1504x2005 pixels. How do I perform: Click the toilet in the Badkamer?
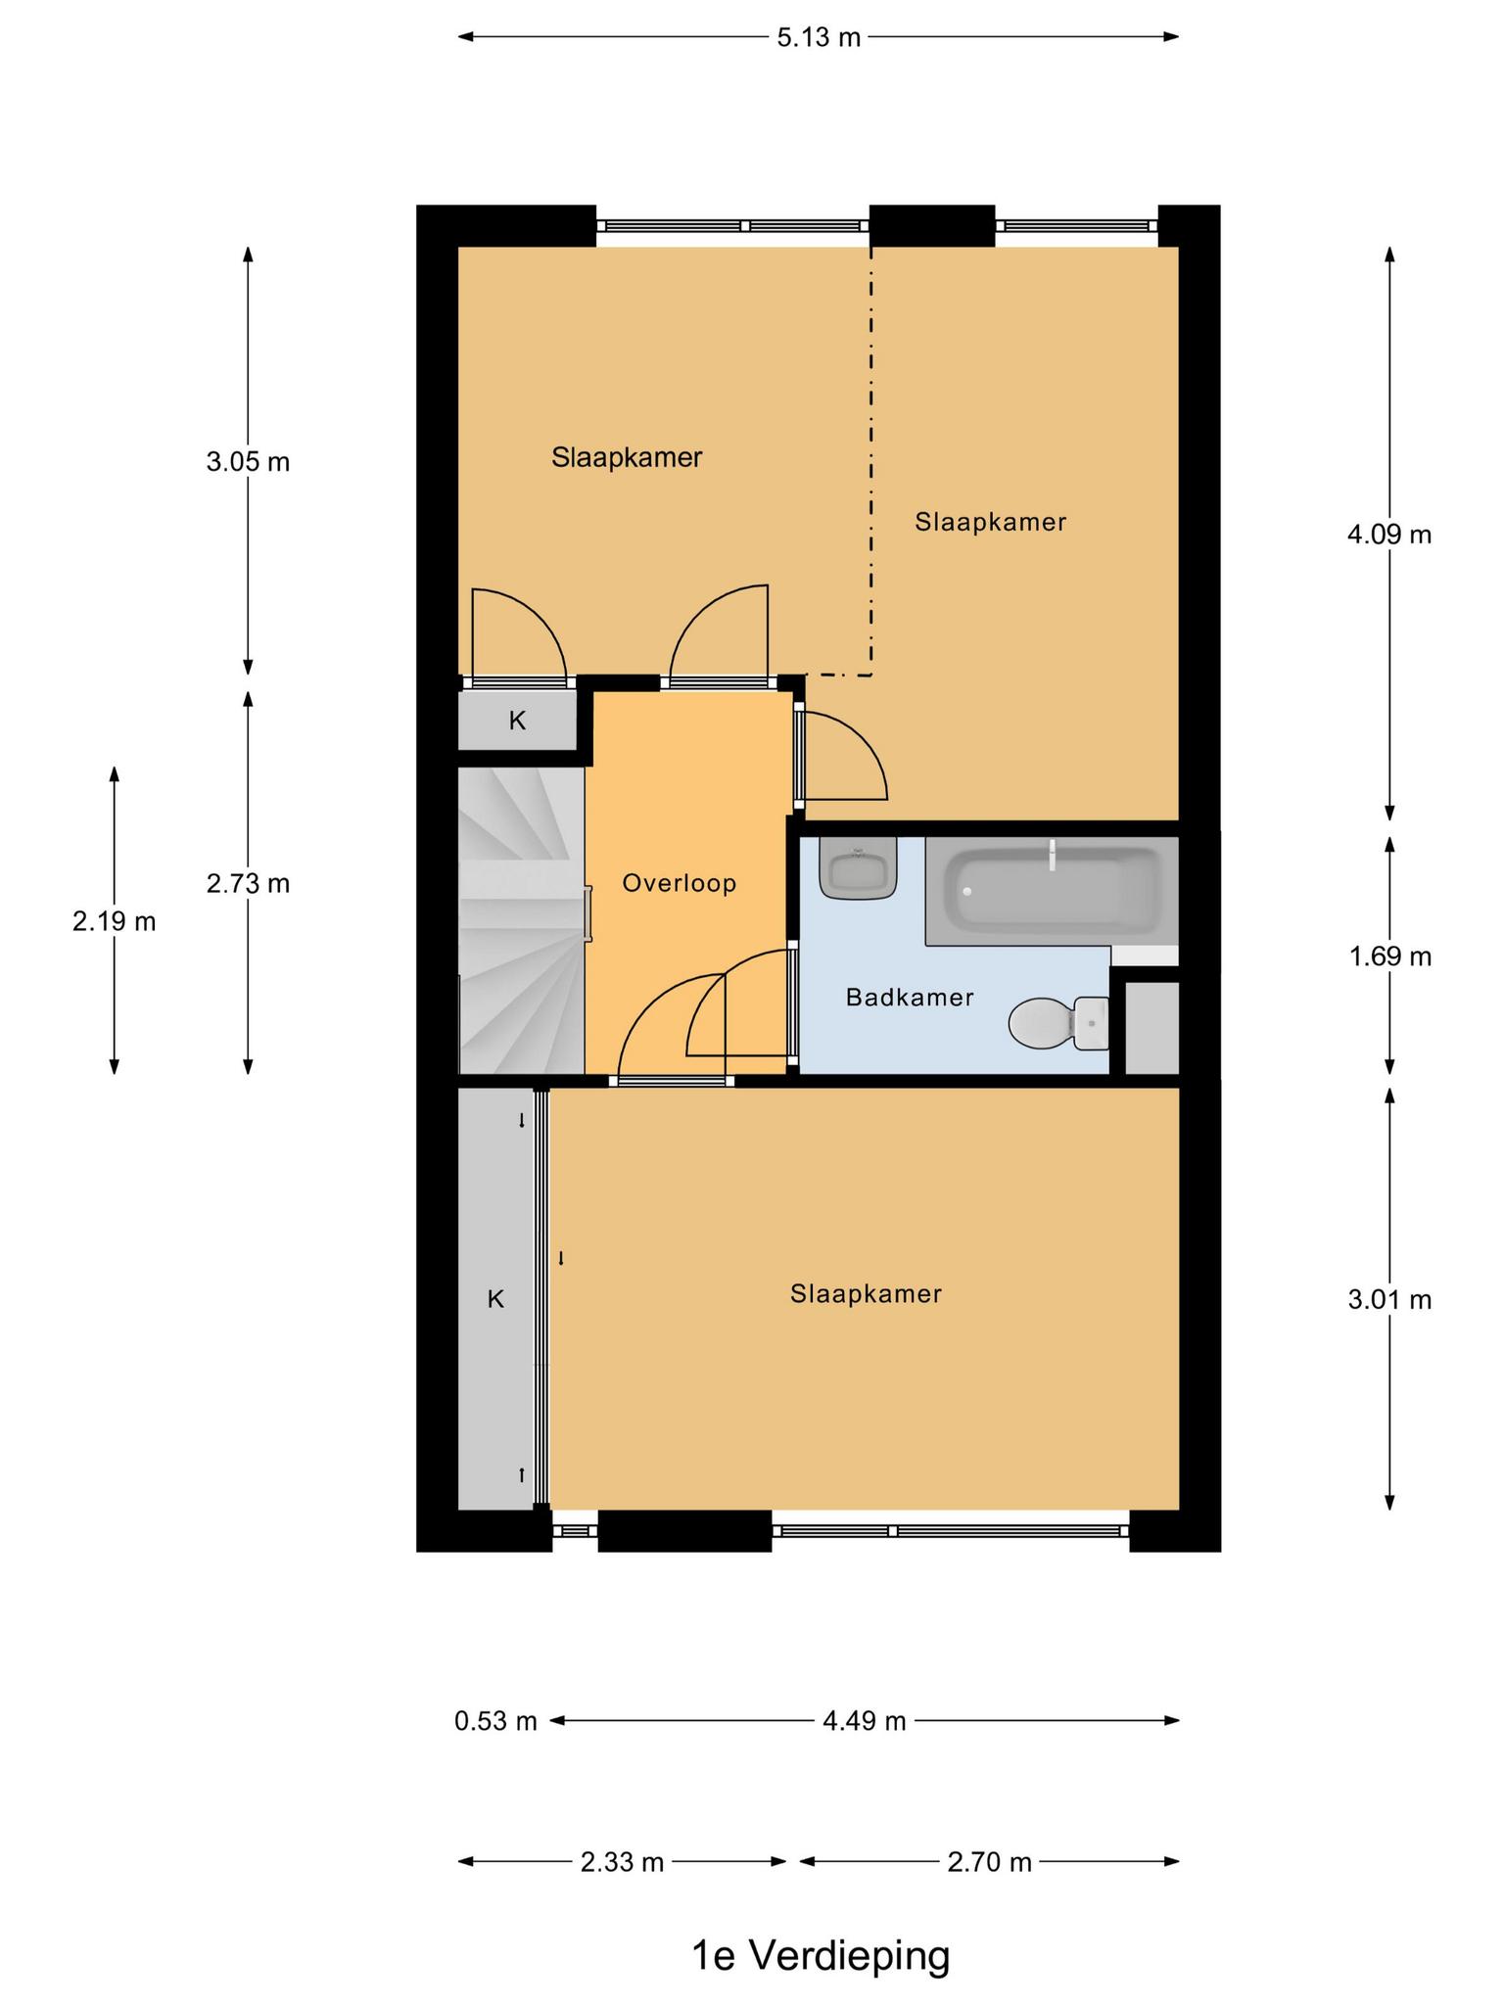tap(1059, 1023)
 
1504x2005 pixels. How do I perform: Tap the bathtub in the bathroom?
tap(1052, 892)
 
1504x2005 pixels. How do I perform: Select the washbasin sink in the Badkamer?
tap(859, 867)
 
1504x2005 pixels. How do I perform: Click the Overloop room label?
tap(680, 883)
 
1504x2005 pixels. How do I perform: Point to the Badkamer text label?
tap(910, 998)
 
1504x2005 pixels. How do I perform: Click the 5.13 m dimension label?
tap(819, 37)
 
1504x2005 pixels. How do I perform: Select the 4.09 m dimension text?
tap(1389, 535)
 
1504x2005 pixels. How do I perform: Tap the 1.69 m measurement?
tap(1390, 956)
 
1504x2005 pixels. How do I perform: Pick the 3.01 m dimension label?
tap(1389, 1299)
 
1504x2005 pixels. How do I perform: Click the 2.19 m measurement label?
tap(115, 921)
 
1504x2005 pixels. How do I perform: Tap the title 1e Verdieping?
tap(821, 1956)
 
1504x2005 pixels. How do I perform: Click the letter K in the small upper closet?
tap(517, 722)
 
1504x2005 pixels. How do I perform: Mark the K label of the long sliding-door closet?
tap(495, 1299)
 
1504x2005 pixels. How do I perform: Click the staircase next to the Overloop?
tap(522, 920)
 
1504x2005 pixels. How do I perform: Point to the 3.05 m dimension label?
tap(248, 461)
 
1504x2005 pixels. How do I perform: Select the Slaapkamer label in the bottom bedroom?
tap(866, 1294)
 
